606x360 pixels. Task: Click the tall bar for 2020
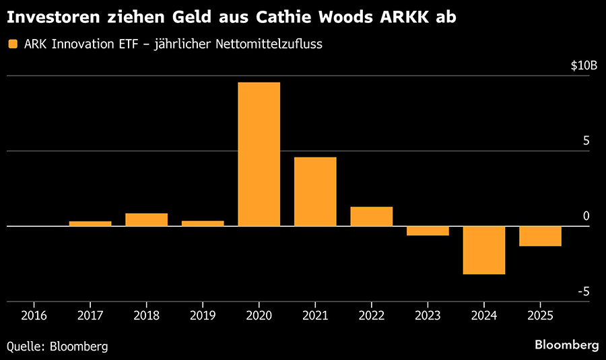pos(259,154)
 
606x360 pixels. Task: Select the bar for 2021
pos(315,192)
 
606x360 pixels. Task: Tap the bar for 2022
pos(371,217)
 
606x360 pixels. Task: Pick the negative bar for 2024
pos(484,250)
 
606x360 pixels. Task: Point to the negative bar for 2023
pos(428,231)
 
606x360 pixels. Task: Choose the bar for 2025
pos(540,236)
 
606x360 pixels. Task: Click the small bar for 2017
pos(90,223)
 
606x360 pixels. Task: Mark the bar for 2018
pos(146,219)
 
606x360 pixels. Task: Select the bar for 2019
pos(203,223)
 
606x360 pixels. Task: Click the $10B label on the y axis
pos(584,66)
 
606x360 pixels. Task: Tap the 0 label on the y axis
pos(586,216)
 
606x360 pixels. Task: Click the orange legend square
pos(11,44)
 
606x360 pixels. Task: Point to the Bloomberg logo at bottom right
pos(566,345)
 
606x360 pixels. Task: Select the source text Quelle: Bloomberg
pos(57,346)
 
